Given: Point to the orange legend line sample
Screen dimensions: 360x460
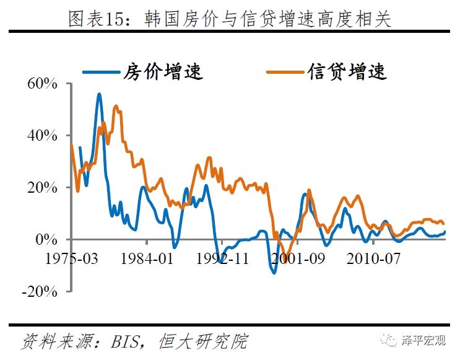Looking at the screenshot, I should [x=285, y=72].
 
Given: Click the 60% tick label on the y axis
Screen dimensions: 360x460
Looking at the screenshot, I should [x=42, y=84].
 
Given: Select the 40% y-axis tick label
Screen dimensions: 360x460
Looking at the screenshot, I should [x=42, y=136].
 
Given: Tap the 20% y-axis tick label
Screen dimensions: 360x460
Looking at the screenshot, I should [x=42, y=188].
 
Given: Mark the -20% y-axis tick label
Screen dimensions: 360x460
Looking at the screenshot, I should [x=39, y=292].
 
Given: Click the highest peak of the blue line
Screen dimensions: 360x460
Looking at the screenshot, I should [x=99, y=94].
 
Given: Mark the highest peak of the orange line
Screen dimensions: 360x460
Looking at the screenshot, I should [x=116, y=106].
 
